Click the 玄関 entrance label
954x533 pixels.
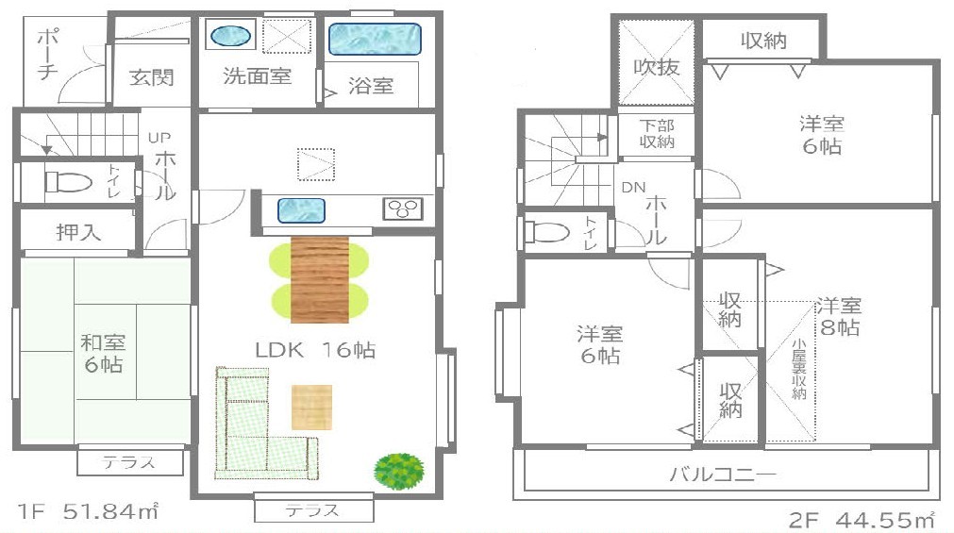click(x=152, y=77)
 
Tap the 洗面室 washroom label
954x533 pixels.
click(x=257, y=76)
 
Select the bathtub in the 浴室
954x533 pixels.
click(x=375, y=39)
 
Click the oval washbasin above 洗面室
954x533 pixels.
click(x=230, y=36)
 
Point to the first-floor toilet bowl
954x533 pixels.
click(x=68, y=181)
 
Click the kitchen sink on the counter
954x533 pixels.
click(x=301, y=210)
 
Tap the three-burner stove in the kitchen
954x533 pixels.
click(x=402, y=208)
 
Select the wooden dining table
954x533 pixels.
click(x=320, y=279)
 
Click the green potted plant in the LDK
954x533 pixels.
click(x=399, y=471)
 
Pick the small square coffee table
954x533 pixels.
click(x=311, y=407)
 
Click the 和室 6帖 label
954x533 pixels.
click(x=103, y=354)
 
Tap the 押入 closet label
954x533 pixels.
click(x=78, y=232)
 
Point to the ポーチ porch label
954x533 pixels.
click(x=47, y=55)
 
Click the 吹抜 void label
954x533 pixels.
click(x=656, y=66)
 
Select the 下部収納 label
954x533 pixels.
click(x=657, y=134)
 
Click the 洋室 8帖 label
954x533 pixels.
click(x=839, y=316)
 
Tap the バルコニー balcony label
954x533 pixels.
click(x=723, y=474)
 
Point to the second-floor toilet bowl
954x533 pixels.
click(x=547, y=232)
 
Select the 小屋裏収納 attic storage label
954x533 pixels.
click(x=799, y=369)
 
